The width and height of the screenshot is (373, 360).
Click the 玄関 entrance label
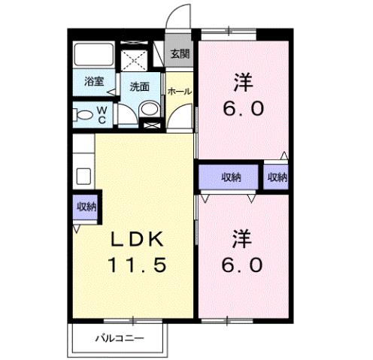click(x=179, y=53)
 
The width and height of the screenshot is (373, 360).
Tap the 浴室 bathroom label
click(x=93, y=80)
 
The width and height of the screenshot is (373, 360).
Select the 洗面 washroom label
click(x=140, y=86)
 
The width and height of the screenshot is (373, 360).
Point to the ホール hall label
click(x=179, y=91)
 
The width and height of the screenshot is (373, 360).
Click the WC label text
click(x=102, y=115)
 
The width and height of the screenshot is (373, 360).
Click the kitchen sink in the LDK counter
click(x=83, y=177)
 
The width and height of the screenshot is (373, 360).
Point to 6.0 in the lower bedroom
click(x=242, y=265)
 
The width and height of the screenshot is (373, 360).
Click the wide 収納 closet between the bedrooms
click(x=230, y=177)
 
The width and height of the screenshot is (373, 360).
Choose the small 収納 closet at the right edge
click(x=277, y=177)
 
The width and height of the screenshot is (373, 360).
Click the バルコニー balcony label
click(x=119, y=337)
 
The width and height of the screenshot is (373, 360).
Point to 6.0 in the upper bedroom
click(x=242, y=108)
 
